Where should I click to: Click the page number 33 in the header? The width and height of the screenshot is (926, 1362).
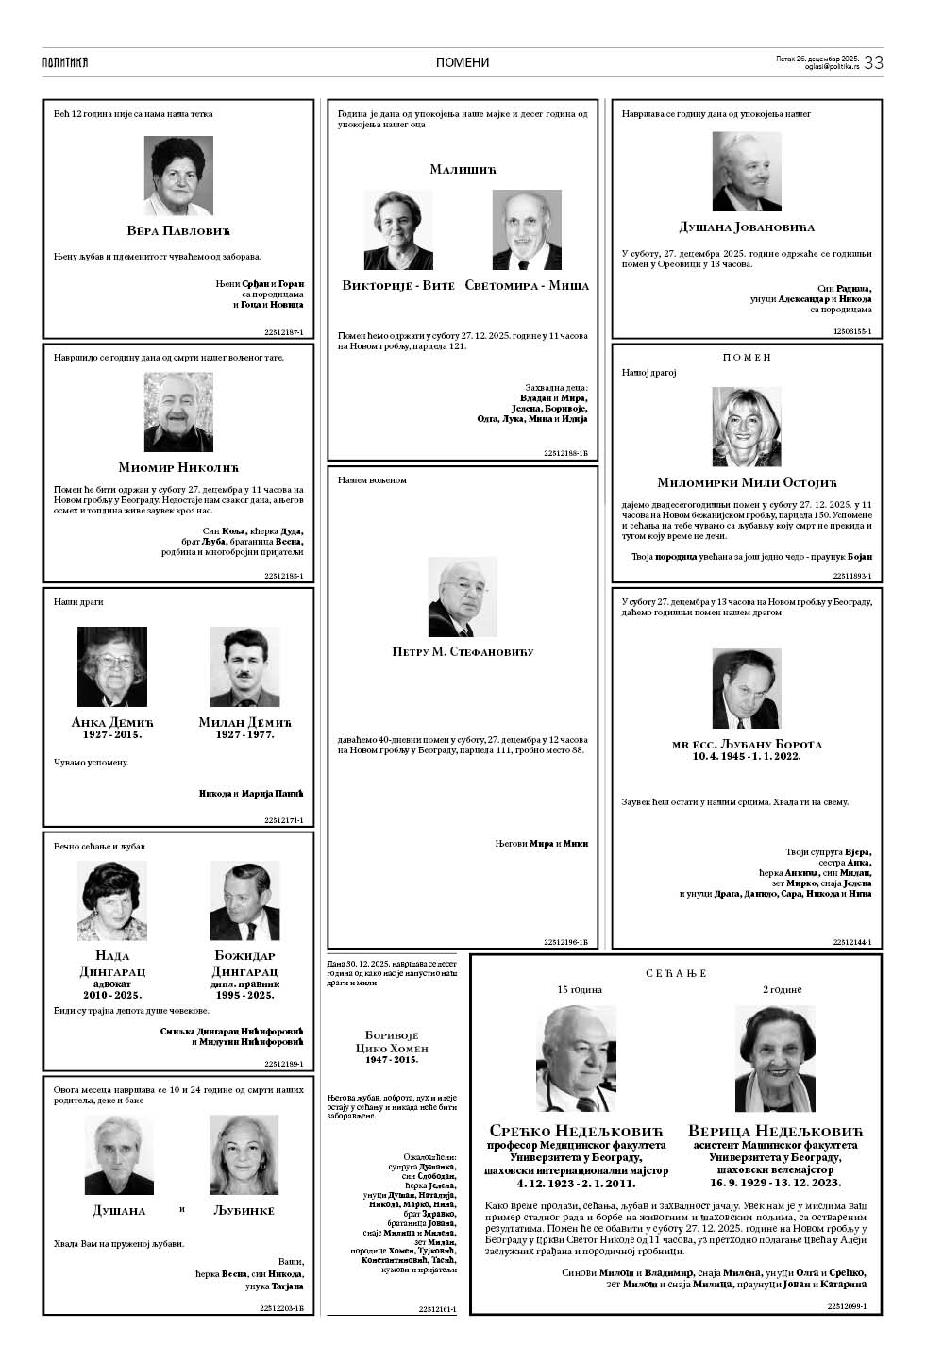(873, 62)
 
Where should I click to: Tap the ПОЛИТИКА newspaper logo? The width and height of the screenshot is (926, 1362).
(65, 62)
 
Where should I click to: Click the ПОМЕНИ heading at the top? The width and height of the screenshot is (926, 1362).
(463, 63)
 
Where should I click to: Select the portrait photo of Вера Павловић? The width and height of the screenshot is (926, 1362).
(178, 177)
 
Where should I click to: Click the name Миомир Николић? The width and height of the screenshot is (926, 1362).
(178, 467)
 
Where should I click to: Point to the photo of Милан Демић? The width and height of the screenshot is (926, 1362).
(244, 667)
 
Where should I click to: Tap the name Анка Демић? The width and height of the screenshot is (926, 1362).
(111, 722)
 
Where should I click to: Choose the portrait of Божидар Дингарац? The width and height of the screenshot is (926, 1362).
(244, 901)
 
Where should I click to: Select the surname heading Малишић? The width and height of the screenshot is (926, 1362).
(463, 169)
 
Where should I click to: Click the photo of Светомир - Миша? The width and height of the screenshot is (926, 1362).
(527, 230)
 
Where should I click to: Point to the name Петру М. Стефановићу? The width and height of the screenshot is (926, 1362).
(463, 652)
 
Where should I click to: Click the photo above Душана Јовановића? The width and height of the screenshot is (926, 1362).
(747, 171)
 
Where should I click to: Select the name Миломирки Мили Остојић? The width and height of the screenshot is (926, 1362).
(747, 482)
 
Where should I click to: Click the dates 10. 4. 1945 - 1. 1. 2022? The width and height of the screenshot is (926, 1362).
(747, 756)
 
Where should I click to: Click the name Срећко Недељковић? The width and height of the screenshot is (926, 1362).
(577, 1131)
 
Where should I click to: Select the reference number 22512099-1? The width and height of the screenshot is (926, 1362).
(847, 1306)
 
